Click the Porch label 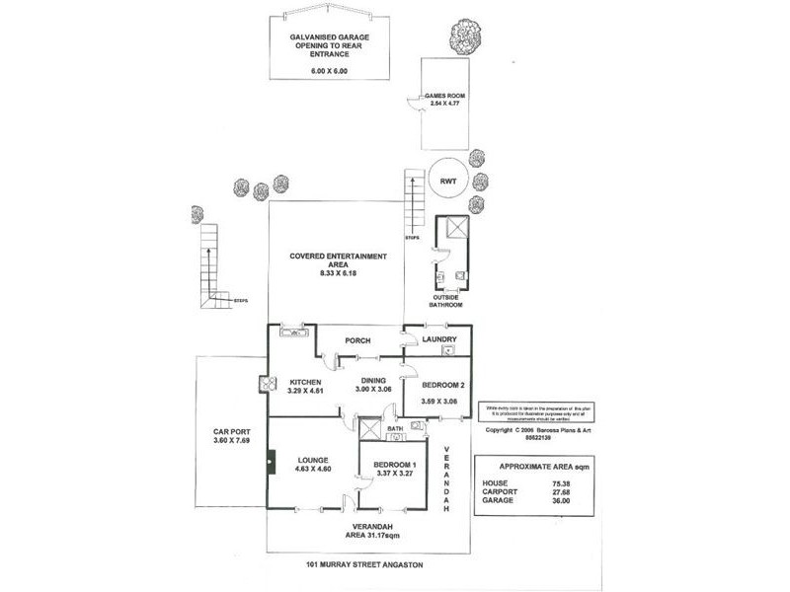click(x=356, y=341)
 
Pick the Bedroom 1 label click(x=396, y=465)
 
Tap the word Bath click(x=395, y=429)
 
